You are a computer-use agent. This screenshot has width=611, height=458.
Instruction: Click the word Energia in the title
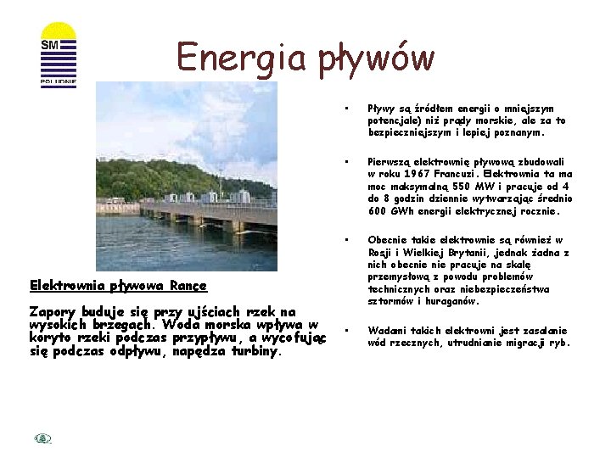(242, 58)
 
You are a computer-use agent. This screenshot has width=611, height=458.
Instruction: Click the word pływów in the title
(377, 59)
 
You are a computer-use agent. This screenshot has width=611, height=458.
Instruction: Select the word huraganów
(458, 301)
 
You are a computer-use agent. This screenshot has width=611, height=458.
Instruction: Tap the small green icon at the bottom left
(43, 438)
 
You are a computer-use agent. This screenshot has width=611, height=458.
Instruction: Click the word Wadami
(384, 331)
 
